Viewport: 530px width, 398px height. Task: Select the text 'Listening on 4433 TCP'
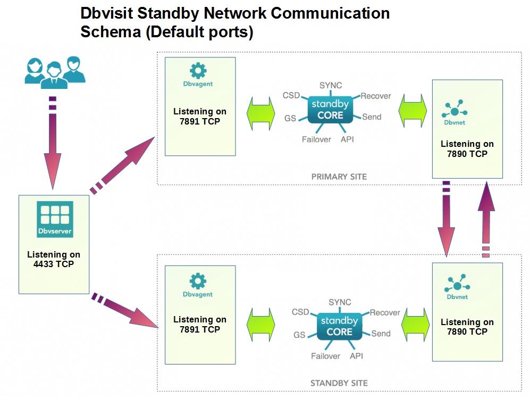tap(54, 259)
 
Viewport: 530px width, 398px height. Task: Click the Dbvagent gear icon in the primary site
tap(198, 70)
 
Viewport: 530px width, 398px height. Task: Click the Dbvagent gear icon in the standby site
tap(198, 281)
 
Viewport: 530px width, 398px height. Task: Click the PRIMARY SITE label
tap(339, 177)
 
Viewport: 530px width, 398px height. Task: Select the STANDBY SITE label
tap(339, 383)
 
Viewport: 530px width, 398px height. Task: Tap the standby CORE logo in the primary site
tap(331, 109)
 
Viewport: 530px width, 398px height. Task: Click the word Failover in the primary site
tap(316, 139)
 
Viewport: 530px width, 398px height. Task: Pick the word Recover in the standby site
tap(385, 313)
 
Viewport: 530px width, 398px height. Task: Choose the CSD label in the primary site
tap(291, 96)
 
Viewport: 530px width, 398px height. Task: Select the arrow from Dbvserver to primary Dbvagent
tap(122, 164)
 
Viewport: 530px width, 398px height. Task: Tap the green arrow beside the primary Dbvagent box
tap(260, 113)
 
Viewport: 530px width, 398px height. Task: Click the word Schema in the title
tap(110, 32)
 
